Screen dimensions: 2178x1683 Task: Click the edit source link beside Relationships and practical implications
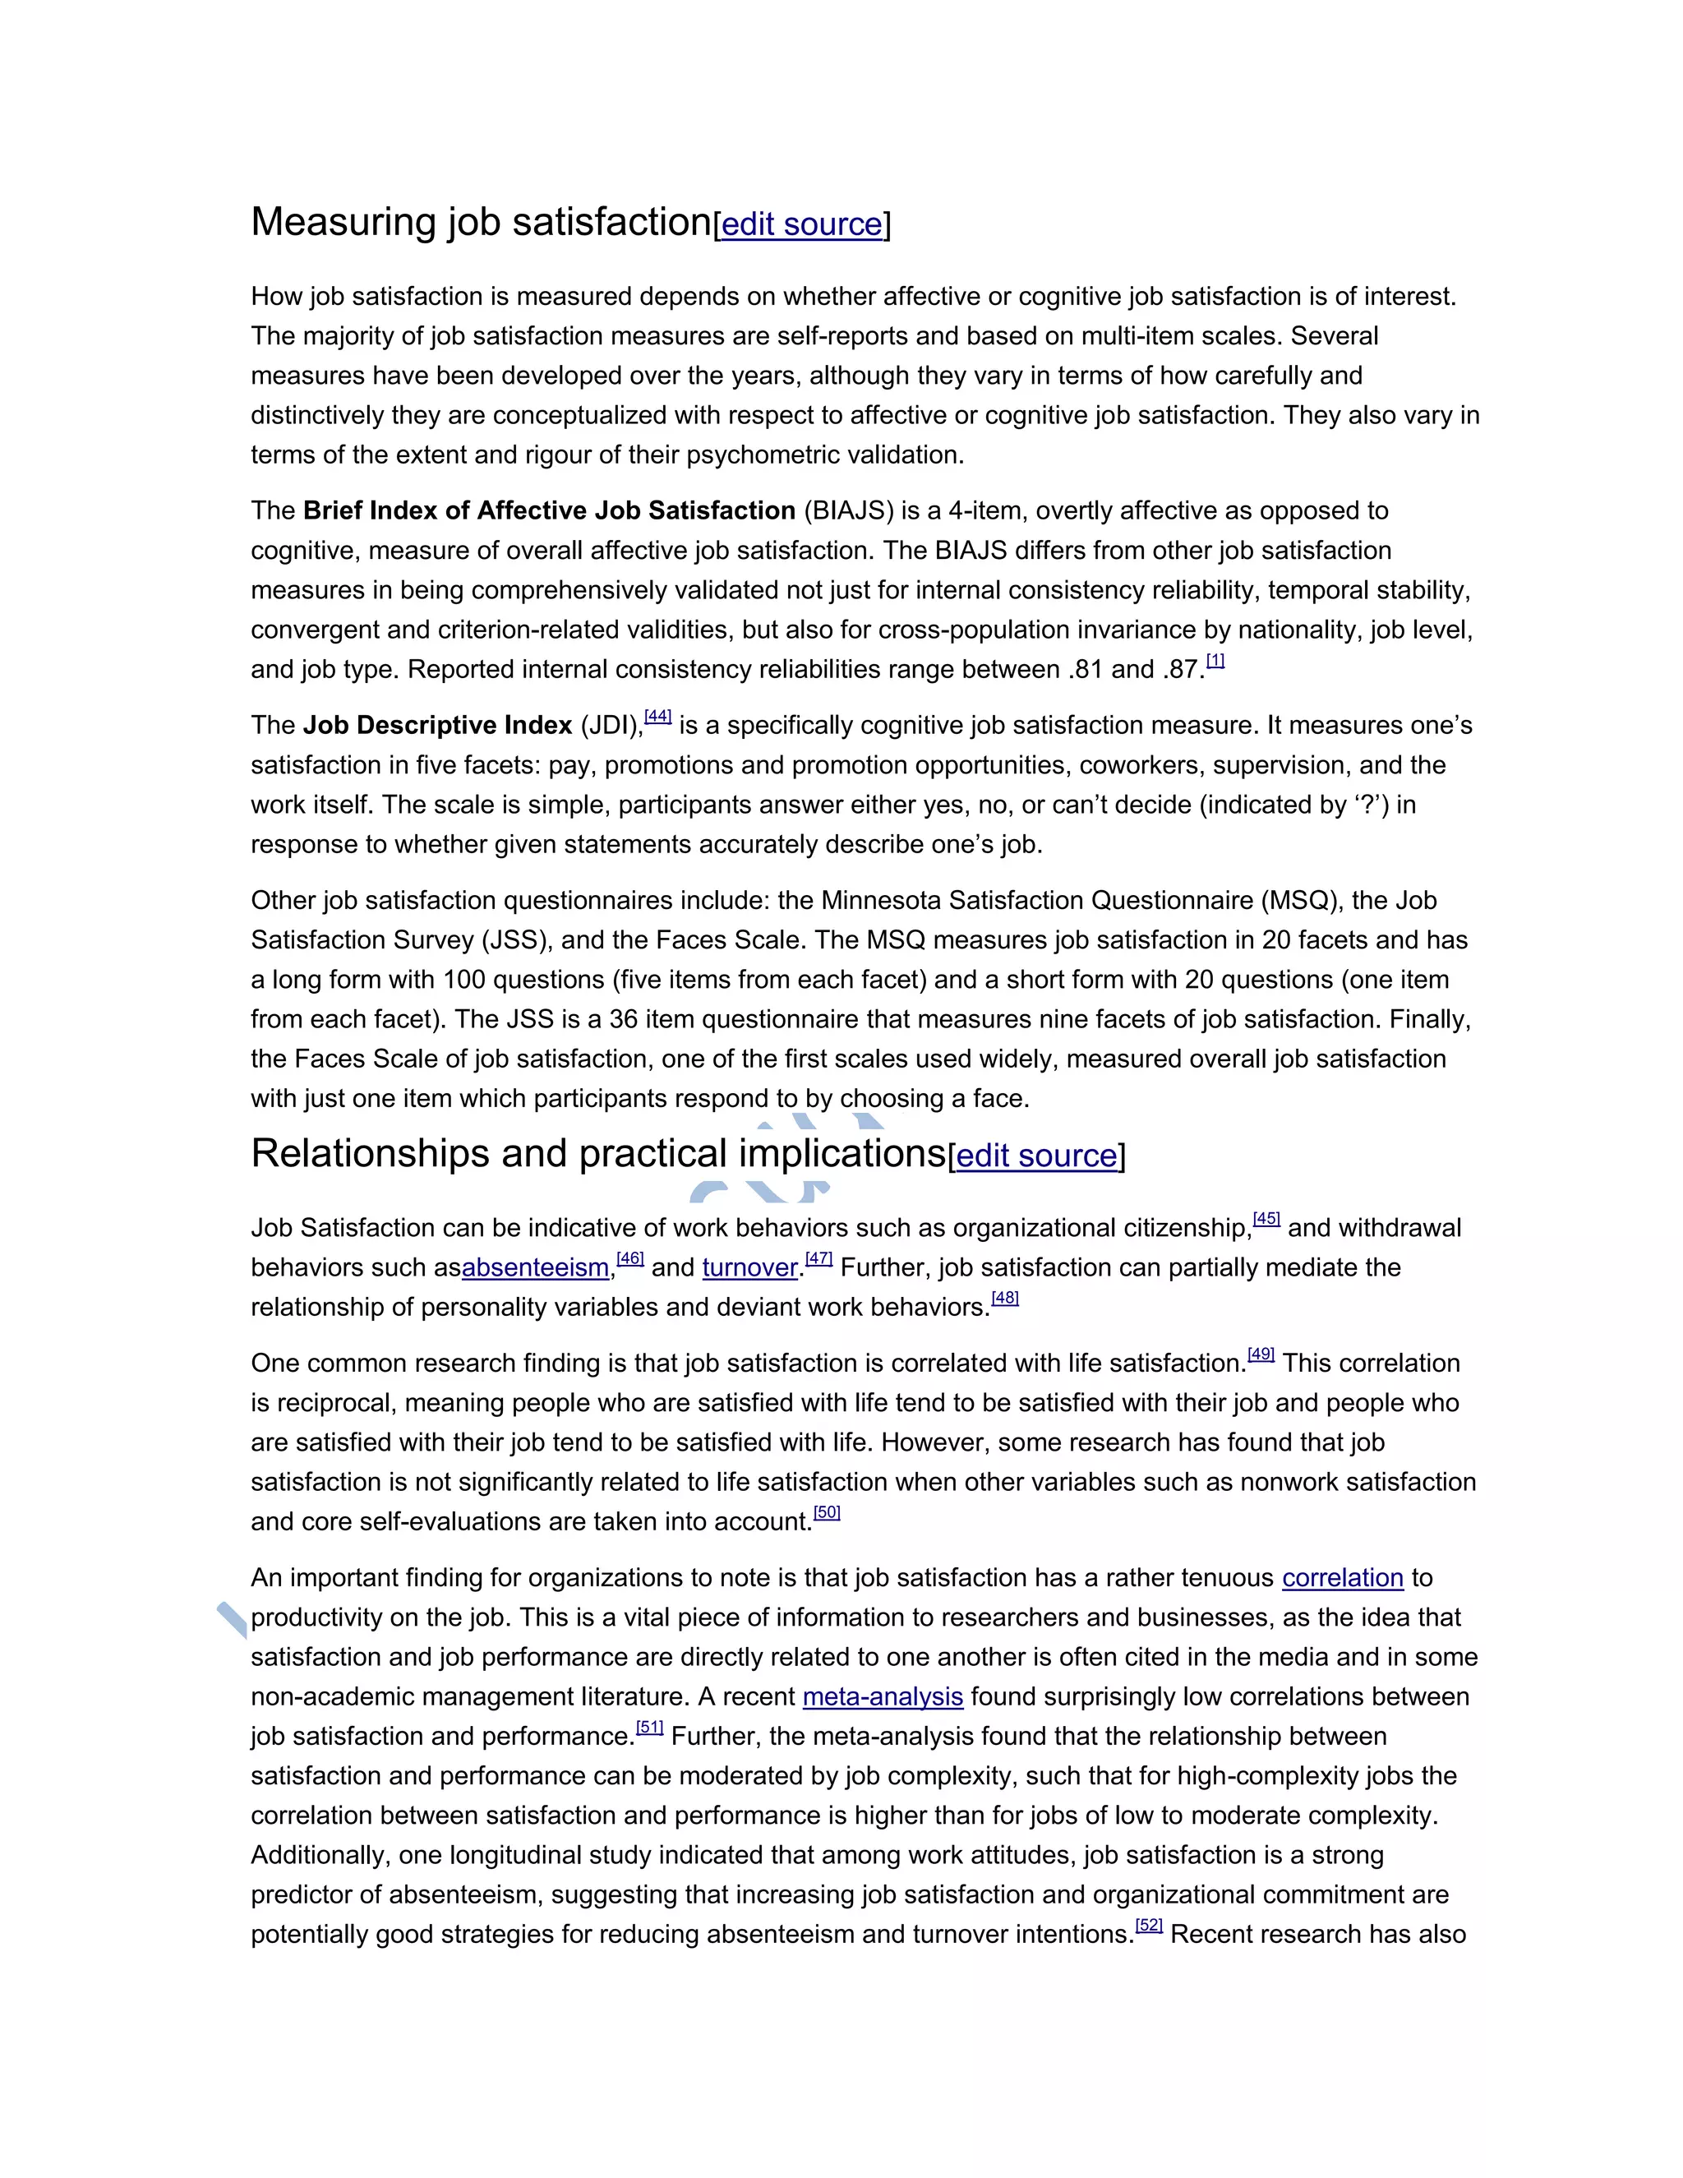1036,1156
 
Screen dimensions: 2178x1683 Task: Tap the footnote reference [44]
658,716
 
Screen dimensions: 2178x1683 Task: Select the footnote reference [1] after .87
1215,660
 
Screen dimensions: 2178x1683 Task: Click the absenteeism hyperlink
536,1267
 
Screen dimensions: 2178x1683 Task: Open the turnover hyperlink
749,1267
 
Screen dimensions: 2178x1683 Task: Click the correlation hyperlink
1342,1578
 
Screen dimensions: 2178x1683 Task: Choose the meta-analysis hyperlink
883,1696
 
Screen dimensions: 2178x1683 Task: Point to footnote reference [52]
1149,1925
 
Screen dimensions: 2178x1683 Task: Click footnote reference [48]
1005,1298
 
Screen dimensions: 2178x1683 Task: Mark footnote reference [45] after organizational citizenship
1266,1219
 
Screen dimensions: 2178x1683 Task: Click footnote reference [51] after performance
649,1728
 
